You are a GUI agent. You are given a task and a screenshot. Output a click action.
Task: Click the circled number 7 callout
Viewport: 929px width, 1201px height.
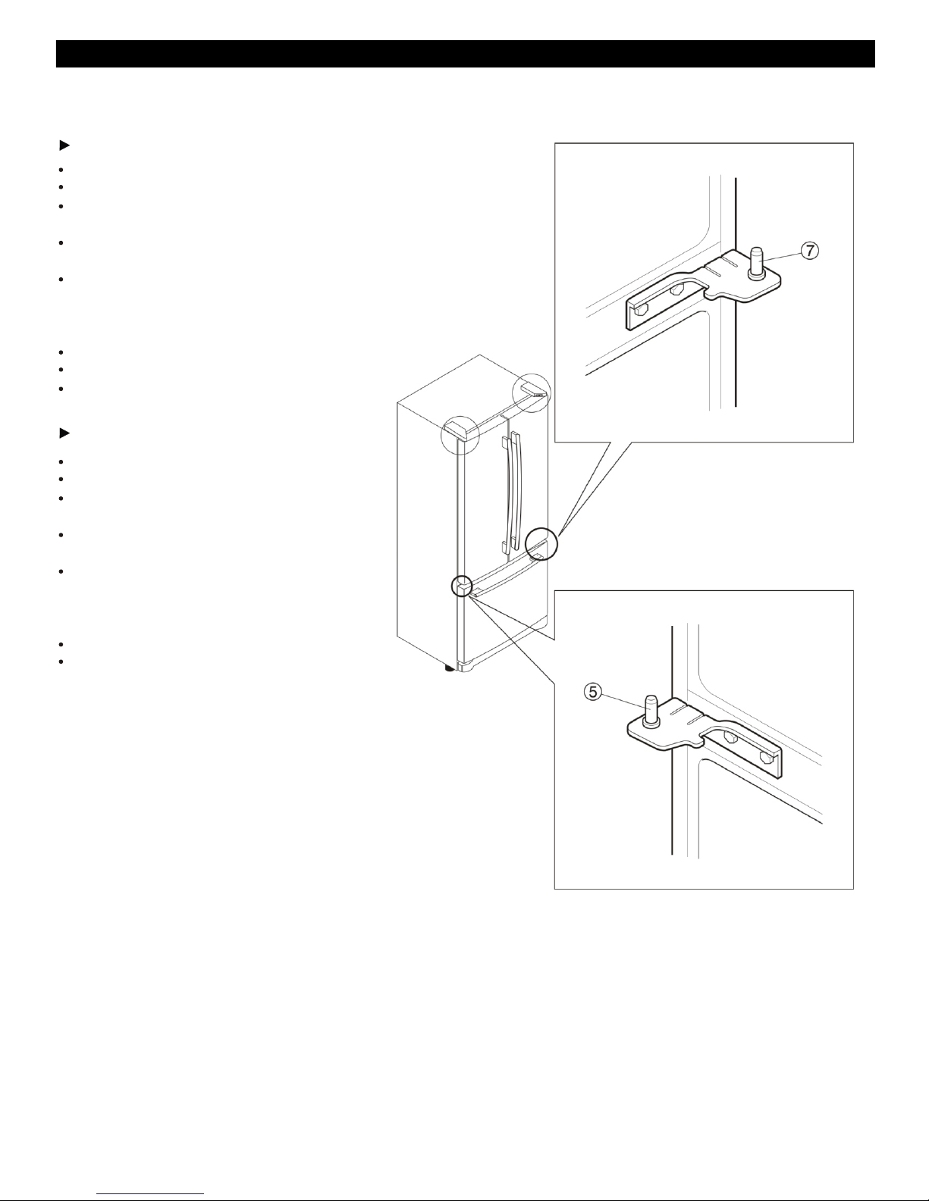point(810,250)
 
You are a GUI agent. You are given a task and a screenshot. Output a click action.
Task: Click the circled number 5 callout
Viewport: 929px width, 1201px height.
point(593,691)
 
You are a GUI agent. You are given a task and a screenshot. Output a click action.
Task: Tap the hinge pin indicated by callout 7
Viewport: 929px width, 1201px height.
point(757,264)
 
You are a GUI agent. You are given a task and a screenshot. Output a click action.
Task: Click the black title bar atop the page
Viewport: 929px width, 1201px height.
point(465,54)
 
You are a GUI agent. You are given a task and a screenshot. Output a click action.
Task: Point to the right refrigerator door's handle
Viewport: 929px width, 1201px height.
point(516,491)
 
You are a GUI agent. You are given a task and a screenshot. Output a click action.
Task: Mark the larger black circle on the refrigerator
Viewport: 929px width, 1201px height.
point(541,544)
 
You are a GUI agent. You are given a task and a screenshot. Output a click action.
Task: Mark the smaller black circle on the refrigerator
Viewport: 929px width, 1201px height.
point(462,586)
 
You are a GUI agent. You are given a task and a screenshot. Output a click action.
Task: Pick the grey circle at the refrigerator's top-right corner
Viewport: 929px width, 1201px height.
point(532,393)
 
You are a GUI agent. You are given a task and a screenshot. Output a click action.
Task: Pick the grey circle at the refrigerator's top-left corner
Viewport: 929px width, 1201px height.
point(460,435)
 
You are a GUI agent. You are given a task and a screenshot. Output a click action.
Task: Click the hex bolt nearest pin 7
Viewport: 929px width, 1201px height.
point(675,290)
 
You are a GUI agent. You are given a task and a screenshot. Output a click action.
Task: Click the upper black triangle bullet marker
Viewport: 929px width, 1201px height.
point(64,145)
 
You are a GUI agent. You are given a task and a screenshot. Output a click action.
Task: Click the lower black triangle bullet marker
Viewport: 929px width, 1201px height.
point(64,433)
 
